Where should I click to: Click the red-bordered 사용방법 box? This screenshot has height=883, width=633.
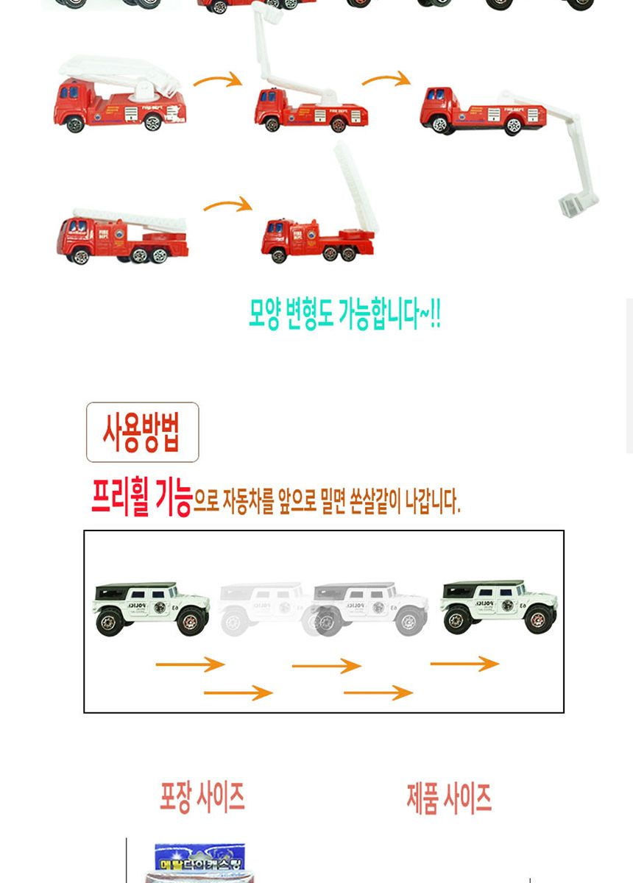coord(142,432)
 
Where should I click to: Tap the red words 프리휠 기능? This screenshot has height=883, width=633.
coord(141,500)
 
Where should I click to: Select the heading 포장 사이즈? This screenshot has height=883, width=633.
coord(202,796)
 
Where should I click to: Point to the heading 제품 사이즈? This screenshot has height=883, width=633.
coord(449,798)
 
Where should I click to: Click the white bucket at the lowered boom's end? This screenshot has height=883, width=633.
coord(577,205)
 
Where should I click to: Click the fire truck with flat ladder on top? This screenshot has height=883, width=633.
coord(122,235)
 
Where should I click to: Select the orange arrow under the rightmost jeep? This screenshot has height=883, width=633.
coord(464,664)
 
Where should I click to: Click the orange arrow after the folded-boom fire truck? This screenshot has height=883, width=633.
coord(218,79)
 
